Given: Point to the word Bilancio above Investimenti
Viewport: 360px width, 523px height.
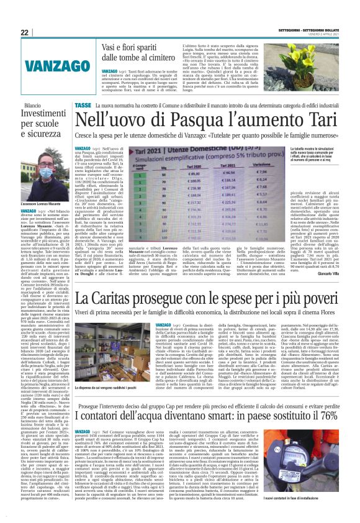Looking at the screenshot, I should pyautogui.click(x=37, y=106).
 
